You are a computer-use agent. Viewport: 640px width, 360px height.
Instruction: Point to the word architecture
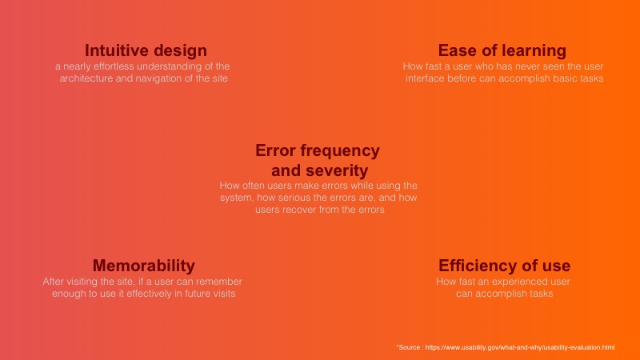click(x=86, y=78)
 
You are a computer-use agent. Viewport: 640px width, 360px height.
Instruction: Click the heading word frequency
click(x=340, y=151)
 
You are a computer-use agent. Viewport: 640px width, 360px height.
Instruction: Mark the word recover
click(x=301, y=210)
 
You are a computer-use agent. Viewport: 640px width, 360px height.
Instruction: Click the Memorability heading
click(x=144, y=266)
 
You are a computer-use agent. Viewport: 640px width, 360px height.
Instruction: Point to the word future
click(x=198, y=294)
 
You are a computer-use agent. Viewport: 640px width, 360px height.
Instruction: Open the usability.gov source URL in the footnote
click(x=520, y=347)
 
